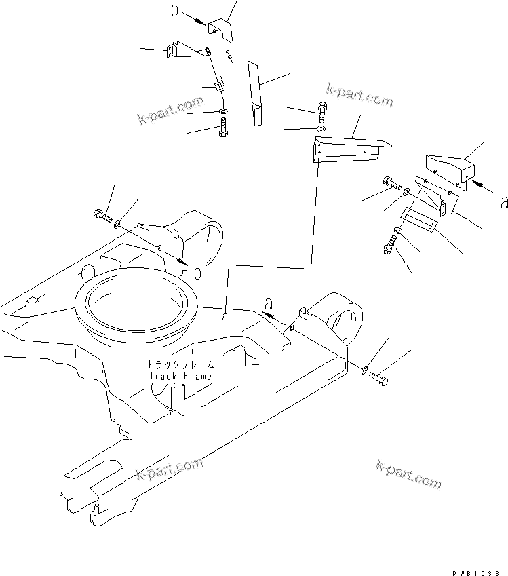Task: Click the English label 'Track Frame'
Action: coord(180,376)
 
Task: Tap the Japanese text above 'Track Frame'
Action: coord(181,364)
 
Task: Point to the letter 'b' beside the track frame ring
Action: coord(197,273)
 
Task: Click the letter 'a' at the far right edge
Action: coord(502,202)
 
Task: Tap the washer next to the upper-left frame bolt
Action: coord(118,223)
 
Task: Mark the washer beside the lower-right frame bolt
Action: coord(364,370)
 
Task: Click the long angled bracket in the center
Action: coord(349,150)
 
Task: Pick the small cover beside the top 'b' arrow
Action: coord(221,37)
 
